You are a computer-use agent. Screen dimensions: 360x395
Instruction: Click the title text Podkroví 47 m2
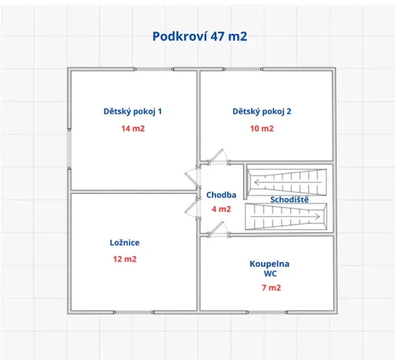point(199,36)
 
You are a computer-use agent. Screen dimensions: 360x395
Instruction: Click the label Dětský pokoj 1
point(132,112)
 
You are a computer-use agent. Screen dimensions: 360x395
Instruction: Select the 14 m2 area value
point(132,128)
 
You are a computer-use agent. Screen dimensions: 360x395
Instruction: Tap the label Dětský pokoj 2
point(262,112)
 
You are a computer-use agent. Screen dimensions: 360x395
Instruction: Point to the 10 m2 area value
point(262,128)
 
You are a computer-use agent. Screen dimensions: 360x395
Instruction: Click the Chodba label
point(221,195)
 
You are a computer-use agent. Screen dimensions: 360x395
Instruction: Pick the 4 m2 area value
point(221,208)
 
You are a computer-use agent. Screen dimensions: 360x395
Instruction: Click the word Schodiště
point(290,200)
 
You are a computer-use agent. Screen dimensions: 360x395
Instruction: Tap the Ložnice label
point(125,242)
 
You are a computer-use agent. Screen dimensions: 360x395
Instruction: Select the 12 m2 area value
point(125,259)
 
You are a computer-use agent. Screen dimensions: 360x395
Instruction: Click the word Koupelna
point(269,264)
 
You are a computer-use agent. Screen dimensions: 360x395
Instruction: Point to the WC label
point(269,273)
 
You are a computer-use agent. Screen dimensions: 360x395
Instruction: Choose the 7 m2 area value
point(271,288)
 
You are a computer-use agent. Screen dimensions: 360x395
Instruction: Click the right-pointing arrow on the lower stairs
point(317,216)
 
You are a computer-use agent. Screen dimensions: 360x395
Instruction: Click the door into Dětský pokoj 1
point(192,178)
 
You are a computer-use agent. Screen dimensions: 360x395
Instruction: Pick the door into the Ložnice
point(192,206)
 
